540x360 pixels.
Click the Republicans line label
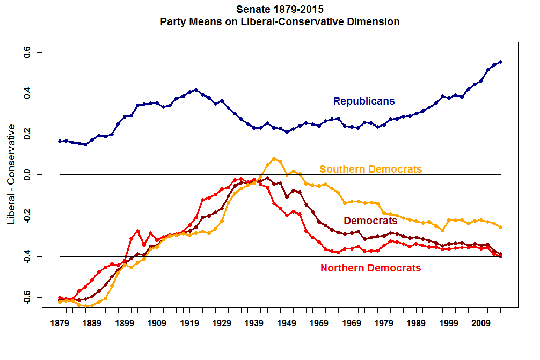tap(364, 101)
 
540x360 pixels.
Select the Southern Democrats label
tap(370, 170)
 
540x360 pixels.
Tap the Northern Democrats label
tap(370, 268)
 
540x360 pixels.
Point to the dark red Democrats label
tap(370, 221)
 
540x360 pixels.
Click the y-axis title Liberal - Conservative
tap(11, 174)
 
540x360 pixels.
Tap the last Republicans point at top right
tap(500, 62)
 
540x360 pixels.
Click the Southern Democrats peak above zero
tap(274, 159)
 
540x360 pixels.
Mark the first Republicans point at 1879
tap(60, 141)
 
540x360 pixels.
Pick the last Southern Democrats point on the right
tap(500, 227)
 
